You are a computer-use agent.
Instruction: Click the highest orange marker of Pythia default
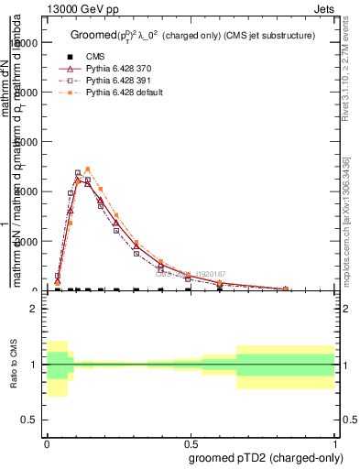pos(88,169)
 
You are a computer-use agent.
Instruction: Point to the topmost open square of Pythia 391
pos(78,173)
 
